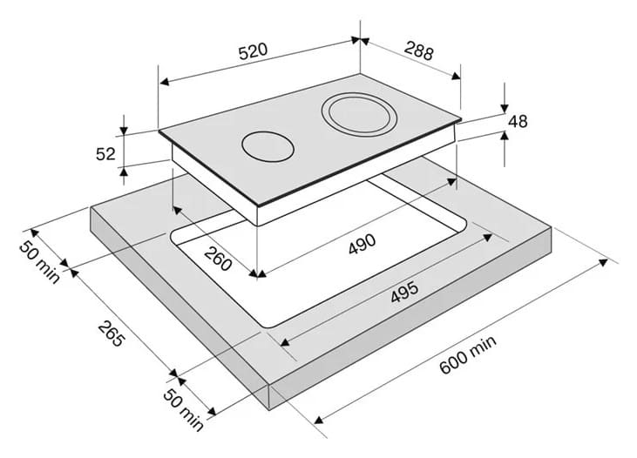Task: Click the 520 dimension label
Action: [x=253, y=51]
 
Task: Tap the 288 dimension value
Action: [x=419, y=51]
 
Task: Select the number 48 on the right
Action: [x=518, y=121]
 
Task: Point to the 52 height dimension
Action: [x=105, y=154]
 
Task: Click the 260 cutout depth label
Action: [x=218, y=259]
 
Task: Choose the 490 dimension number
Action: [x=362, y=244]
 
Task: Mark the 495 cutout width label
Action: [x=404, y=292]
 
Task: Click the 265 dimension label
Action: [x=111, y=333]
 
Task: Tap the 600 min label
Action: [x=468, y=354]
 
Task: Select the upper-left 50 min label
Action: [x=39, y=262]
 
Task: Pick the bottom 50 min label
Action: [x=183, y=409]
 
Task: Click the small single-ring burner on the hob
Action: [x=268, y=146]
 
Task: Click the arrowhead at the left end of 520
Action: [x=164, y=82]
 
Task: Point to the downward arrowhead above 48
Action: [x=505, y=109]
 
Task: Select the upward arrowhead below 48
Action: [x=505, y=135]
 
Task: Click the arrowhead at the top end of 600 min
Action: [x=603, y=262]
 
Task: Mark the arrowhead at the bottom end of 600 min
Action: [x=319, y=420]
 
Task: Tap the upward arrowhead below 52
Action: [x=124, y=171]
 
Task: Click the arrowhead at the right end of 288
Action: [x=457, y=76]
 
